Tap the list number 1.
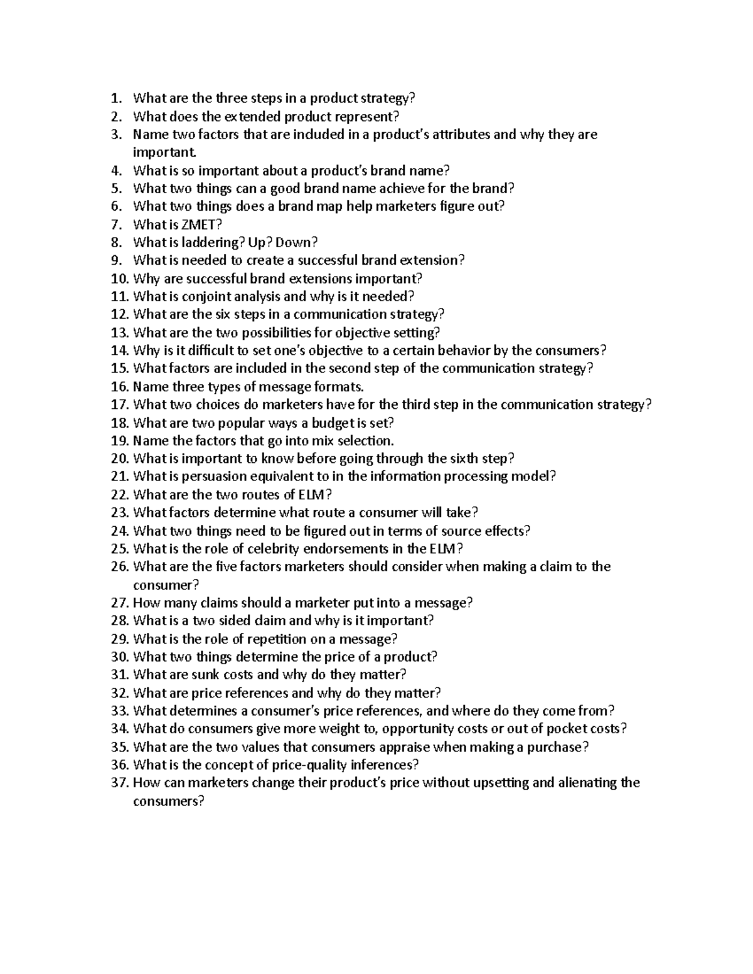click(x=114, y=98)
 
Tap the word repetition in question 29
click(x=259, y=639)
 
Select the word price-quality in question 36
click(x=307, y=765)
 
